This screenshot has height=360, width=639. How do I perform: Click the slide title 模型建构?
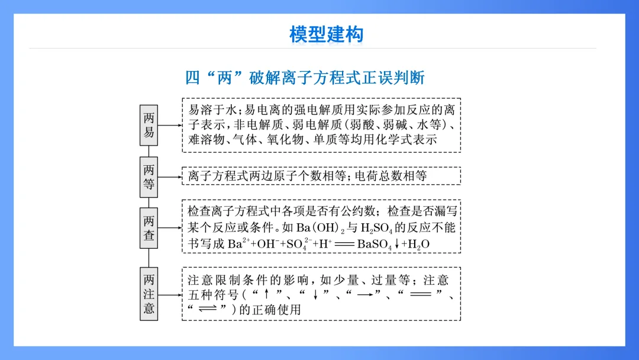(326, 34)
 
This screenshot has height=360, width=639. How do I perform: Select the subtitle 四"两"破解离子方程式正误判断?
(305, 78)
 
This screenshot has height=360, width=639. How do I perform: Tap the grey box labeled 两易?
(149, 125)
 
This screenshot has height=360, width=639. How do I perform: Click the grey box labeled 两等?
(149, 176)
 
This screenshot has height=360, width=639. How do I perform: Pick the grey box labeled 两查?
(149, 227)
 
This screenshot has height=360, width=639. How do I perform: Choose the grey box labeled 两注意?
(149, 294)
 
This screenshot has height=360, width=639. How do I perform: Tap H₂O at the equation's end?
(418, 244)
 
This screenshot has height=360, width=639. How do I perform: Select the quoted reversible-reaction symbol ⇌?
(208, 310)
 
